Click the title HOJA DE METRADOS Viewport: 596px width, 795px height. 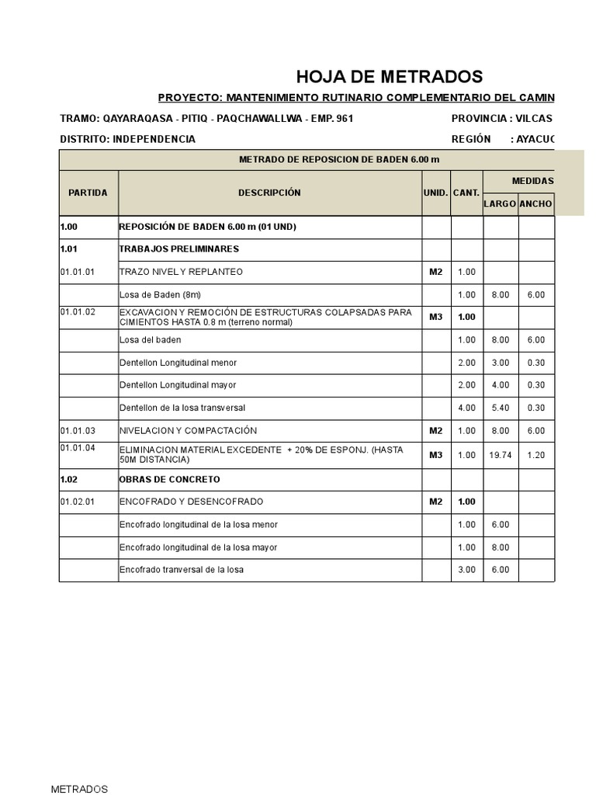point(389,76)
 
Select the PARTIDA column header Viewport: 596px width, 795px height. point(88,193)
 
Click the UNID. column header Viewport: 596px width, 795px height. point(436,193)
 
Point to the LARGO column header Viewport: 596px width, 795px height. point(500,204)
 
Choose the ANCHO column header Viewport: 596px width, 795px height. point(535,204)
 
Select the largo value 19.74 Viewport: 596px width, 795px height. point(501,455)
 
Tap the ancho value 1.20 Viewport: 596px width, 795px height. point(536,455)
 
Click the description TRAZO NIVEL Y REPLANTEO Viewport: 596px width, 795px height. point(181,272)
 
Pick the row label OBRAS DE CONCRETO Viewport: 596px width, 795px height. point(169,479)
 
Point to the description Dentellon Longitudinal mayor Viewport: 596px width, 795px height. point(178,385)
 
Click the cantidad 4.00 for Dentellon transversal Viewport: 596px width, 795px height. point(466,408)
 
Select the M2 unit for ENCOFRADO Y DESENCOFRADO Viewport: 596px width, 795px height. point(436,502)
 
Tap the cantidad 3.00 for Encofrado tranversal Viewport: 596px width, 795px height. point(466,570)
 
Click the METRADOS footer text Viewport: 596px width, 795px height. point(79,789)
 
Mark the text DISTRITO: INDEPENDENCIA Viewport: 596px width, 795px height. point(127,139)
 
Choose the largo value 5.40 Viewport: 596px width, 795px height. point(501,408)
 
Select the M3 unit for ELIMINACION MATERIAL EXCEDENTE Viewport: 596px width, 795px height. point(436,455)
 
